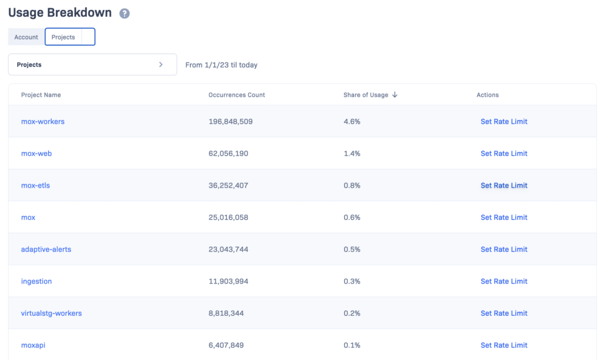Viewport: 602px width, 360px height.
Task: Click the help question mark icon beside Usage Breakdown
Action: pos(124,14)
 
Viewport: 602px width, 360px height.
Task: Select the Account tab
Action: pos(26,37)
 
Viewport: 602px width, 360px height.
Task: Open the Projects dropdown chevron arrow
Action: pos(161,65)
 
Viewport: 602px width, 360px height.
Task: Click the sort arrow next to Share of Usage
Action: pos(394,95)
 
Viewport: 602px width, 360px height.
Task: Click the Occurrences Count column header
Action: pos(236,95)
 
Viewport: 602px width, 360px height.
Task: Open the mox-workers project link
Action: pos(43,122)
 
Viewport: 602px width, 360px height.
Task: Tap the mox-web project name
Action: pos(36,154)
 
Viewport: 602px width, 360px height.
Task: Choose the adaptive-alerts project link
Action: pos(46,249)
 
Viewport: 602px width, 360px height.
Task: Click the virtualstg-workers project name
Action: pos(51,314)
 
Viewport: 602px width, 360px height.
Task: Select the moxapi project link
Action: pos(33,345)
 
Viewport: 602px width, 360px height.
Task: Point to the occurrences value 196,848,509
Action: pos(230,122)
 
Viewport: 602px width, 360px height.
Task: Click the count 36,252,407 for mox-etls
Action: pos(228,185)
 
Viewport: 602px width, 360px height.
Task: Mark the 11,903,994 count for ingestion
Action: pos(228,281)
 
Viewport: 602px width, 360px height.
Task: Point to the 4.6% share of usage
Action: pos(352,122)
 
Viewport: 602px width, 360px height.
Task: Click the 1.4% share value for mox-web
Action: pos(352,154)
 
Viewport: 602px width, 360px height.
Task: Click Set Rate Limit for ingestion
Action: pos(504,281)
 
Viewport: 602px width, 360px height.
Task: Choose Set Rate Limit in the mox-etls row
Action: pos(504,185)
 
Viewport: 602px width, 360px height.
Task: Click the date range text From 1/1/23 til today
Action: pos(221,65)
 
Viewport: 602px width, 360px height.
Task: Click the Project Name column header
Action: pos(41,95)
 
